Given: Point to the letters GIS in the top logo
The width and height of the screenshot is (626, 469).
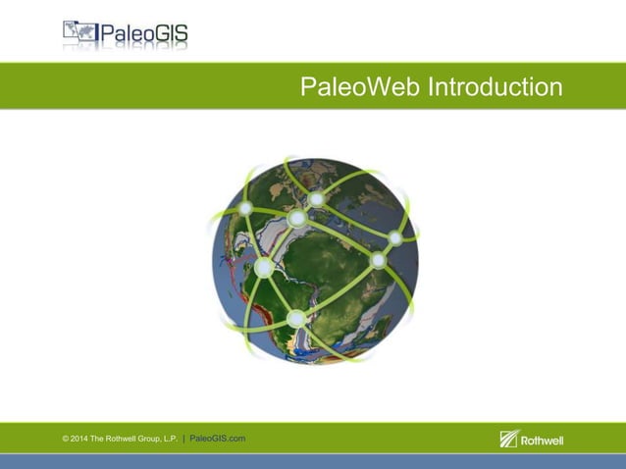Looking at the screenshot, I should [x=166, y=35].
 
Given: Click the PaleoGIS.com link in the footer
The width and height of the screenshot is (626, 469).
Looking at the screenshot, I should [x=217, y=438].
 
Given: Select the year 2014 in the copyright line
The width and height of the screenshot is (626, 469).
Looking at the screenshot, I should [x=80, y=438].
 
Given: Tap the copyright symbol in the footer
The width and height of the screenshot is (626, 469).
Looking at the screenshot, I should [x=65, y=438].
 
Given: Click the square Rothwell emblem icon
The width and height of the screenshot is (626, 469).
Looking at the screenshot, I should [x=508, y=439].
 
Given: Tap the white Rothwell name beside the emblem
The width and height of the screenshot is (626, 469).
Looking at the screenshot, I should [x=542, y=440].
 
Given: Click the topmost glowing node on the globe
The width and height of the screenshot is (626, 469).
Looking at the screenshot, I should [x=316, y=200].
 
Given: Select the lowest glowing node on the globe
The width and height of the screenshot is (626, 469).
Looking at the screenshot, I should [x=296, y=318].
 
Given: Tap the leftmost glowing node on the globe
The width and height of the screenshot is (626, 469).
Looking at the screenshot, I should [x=245, y=207].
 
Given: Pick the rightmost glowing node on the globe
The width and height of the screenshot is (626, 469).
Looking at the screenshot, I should [x=395, y=237].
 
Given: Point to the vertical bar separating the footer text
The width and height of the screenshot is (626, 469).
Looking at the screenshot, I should [x=183, y=438].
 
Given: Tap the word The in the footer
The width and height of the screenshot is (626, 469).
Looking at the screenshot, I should [x=97, y=438].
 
